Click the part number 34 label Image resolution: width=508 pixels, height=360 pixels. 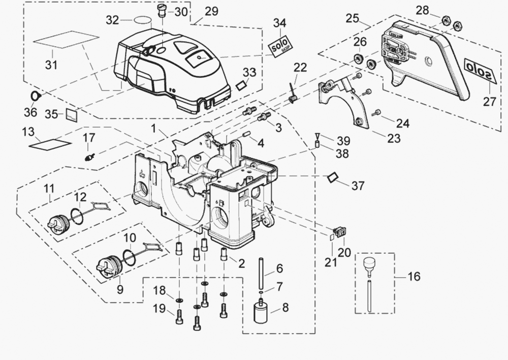pyautogui.click(x=279, y=23)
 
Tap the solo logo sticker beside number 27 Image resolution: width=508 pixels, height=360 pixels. pyautogui.click(x=481, y=69)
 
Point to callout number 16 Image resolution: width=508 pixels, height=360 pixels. pyautogui.click(x=414, y=277)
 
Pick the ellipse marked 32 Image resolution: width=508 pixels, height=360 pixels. pyautogui.click(x=143, y=21)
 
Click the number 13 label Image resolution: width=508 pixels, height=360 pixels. pyautogui.click(x=28, y=132)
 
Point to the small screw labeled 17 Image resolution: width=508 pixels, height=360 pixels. pyautogui.click(x=89, y=156)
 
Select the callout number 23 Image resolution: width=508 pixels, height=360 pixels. pyautogui.click(x=394, y=138)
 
